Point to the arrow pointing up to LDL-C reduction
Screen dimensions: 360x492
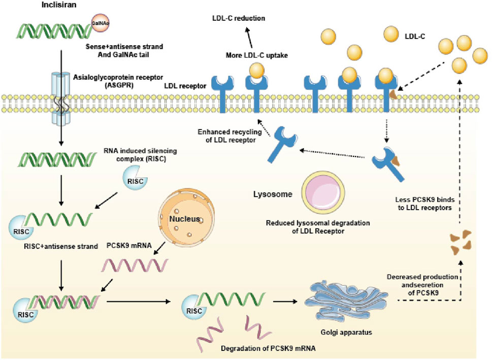247,38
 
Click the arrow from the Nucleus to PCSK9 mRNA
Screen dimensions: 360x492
162,247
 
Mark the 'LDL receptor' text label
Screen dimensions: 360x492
186,86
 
